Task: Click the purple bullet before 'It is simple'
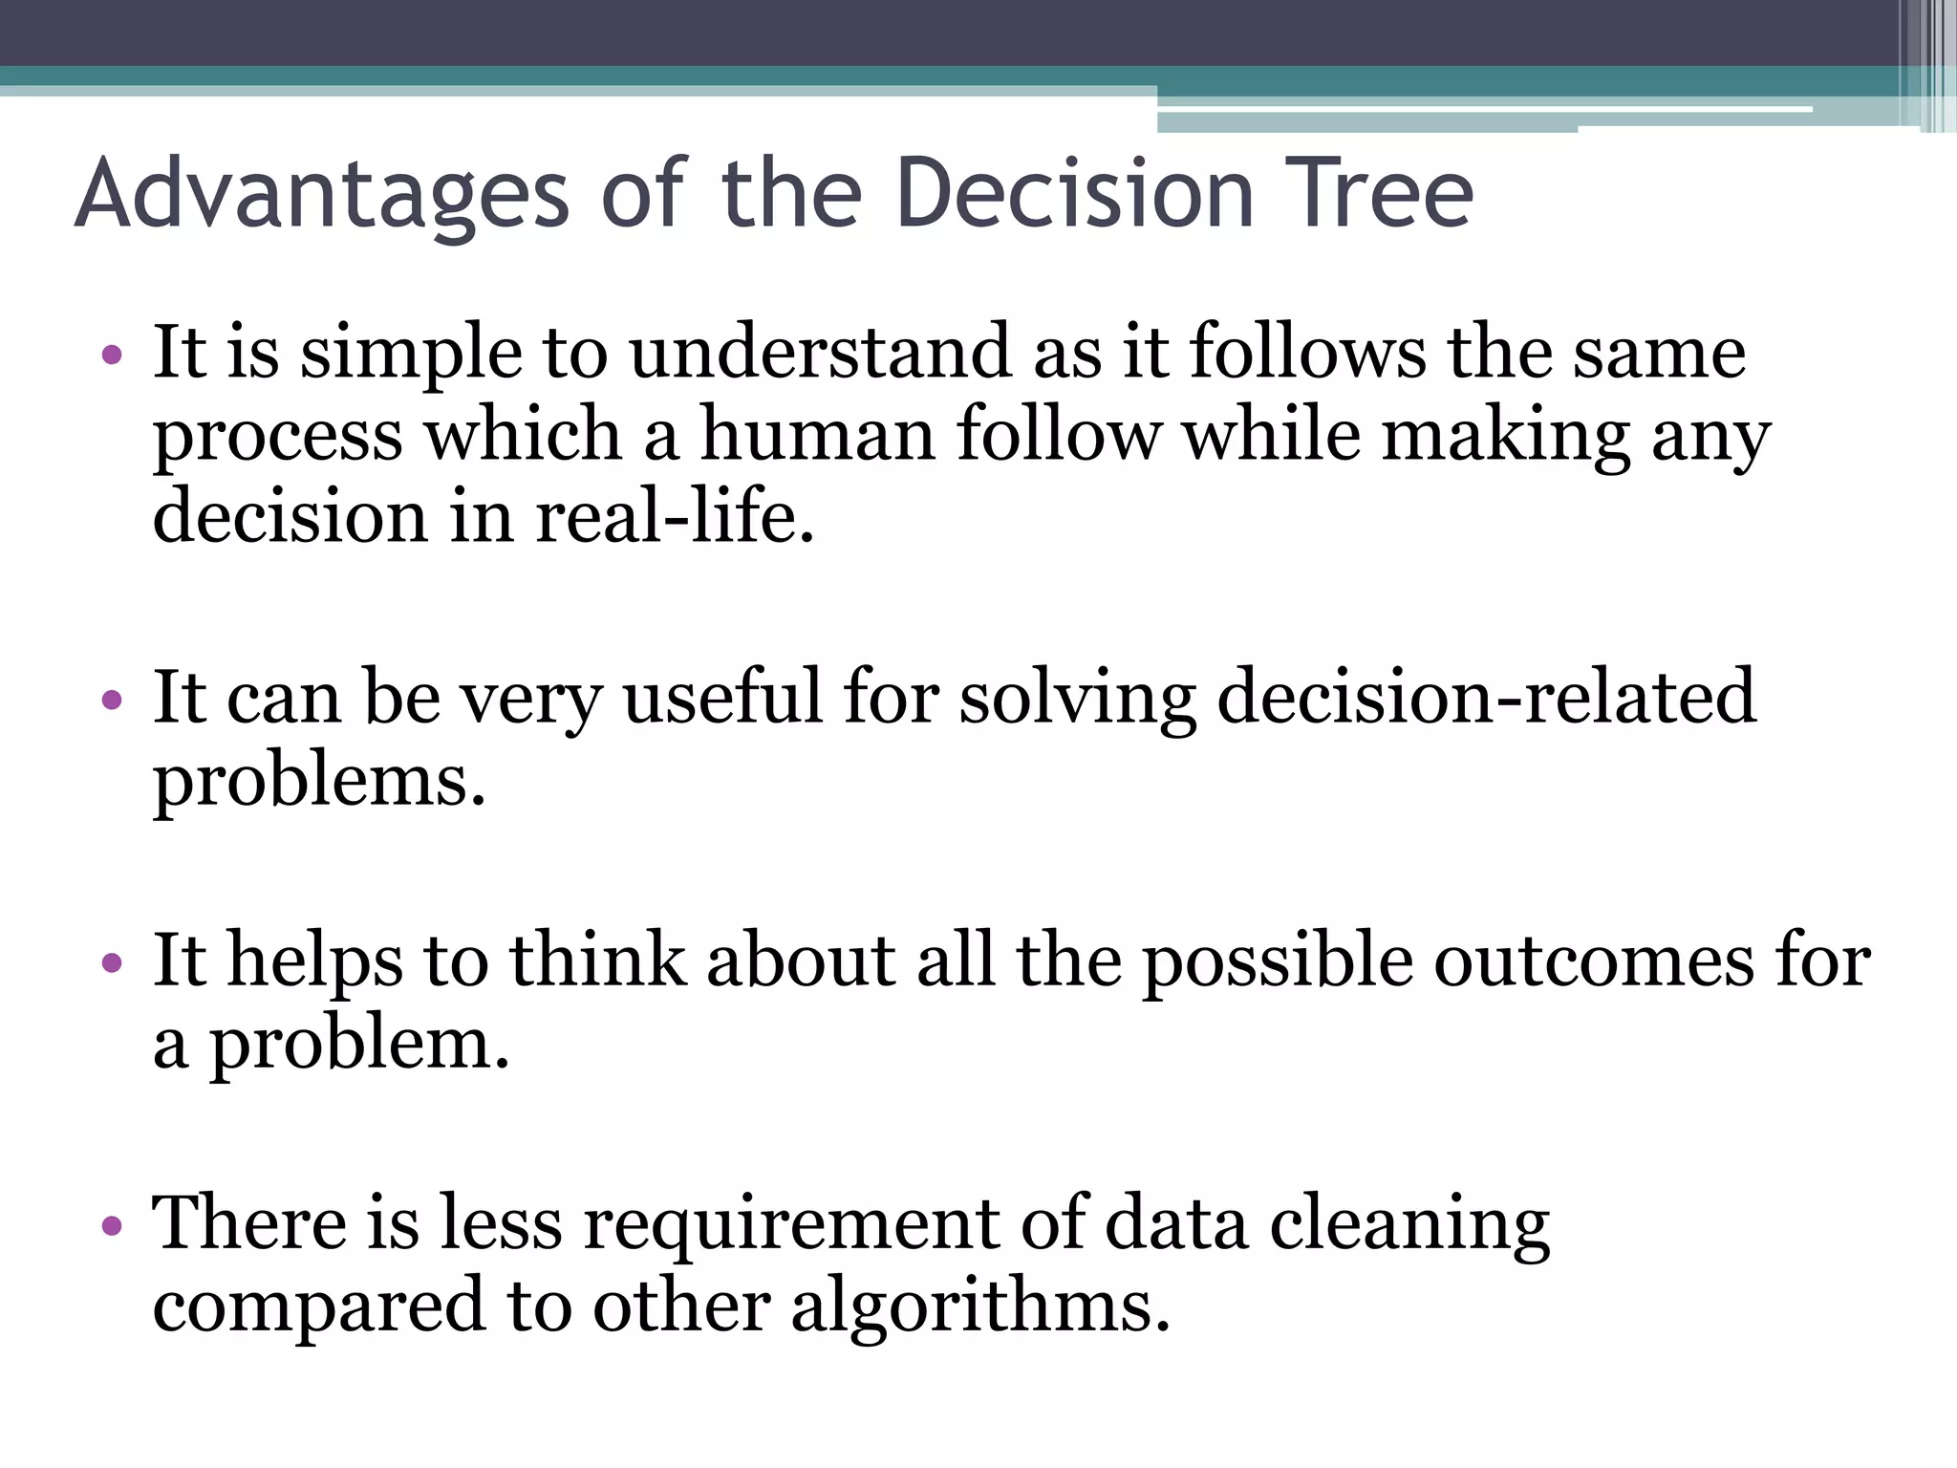(112, 356)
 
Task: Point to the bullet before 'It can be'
(112, 700)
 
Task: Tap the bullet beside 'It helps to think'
(112, 962)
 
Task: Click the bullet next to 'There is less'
(112, 1225)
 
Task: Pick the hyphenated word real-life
(674, 517)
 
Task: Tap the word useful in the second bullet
(722, 697)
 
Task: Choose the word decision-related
(1486, 697)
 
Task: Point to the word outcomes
(1594, 960)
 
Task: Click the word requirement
(791, 1225)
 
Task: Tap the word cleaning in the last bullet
(1409, 1225)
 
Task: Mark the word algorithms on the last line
(980, 1307)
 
